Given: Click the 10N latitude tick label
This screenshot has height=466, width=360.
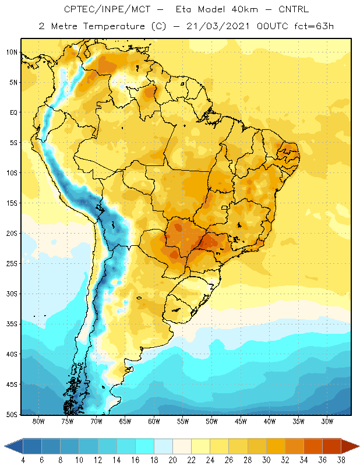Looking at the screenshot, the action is coord(12,52).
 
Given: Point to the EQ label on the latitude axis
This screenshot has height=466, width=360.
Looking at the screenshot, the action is coord(13,112).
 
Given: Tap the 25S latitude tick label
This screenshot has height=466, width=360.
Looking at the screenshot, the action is coord(12,264).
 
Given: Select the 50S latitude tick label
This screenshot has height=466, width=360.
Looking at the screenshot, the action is coord(12,415).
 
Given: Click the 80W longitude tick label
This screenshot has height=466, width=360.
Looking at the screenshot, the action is coord(38,421).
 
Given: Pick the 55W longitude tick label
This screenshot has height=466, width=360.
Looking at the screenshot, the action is coord(183,421).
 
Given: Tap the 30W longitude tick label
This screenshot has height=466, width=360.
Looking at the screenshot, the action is coord(327,421).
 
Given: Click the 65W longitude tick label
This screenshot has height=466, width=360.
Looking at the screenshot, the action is coord(125,421).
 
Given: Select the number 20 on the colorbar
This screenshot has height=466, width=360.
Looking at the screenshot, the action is coord(172,460).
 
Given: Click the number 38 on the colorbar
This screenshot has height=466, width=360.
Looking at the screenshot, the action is coord(341,460).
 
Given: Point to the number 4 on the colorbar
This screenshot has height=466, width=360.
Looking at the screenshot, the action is coord(23,460).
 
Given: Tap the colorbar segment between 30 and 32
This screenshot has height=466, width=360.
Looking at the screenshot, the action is coord(276,446).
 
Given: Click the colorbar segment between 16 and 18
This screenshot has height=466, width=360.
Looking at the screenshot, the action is coord(145,446).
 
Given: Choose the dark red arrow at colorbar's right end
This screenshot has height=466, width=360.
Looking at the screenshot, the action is coord(350,446).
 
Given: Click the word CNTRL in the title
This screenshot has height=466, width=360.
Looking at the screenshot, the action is coord(294,9).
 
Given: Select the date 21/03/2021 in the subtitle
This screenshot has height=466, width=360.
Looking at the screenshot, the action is coord(218,26).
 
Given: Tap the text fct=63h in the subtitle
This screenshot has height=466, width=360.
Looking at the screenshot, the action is coord(314,26).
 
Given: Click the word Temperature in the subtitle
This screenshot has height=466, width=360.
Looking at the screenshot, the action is coord(114,26).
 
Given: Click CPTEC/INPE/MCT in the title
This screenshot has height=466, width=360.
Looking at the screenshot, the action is coord(107,9).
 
